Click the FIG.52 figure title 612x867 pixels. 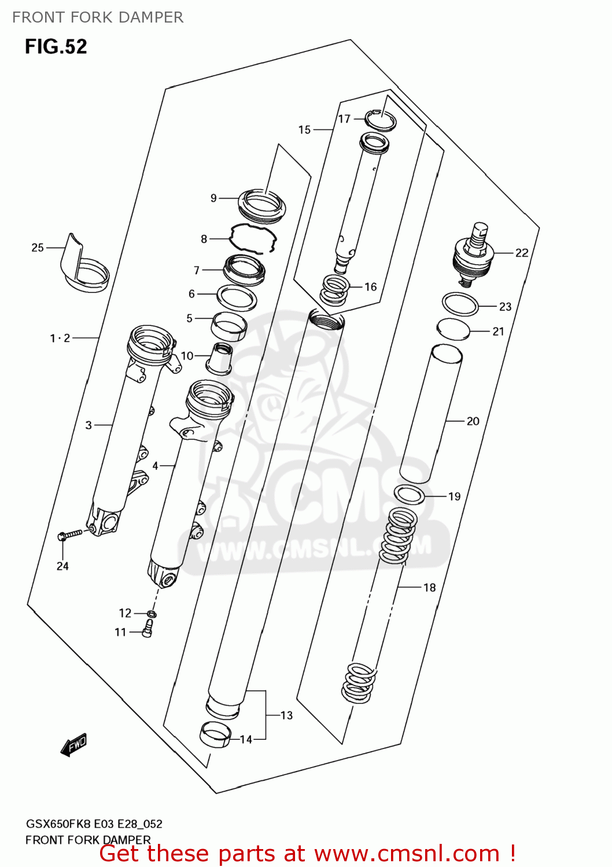click(x=56, y=46)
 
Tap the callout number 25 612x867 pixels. click(x=38, y=247)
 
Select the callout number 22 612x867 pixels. click(x=522, y=253)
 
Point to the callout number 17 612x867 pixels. click(x=344, y=119)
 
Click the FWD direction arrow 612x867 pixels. click(x=74, y=744)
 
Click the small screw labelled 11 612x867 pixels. click(x=147, y=628)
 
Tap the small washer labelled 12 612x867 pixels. click(x=152, y=614)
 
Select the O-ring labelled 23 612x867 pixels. click(x=460, y=304)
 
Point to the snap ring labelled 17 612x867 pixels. click(x=381, y=120)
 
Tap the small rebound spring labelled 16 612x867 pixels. click(x=334, y=290)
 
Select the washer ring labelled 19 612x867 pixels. click(x=409, y=494)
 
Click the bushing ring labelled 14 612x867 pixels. click(x=215, y=735)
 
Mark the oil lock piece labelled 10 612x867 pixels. click(x=219, y=359)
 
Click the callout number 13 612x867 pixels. click(x=286, y=716)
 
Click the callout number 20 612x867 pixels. click(x=473, y=421)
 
